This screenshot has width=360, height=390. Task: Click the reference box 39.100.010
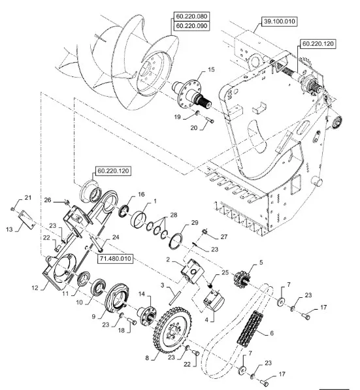(x=280, y=22)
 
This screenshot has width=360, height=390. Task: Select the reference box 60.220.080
(x=191, y=16)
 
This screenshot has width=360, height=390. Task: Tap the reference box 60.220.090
(x=191, y=26)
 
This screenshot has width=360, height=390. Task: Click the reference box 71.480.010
(x=115, y=259)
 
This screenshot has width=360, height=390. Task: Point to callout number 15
(x=211, y=70)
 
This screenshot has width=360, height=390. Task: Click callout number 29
(x=195, y=223)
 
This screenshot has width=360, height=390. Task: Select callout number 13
(x=9, y=229)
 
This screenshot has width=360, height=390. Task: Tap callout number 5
(x=261, y=263)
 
